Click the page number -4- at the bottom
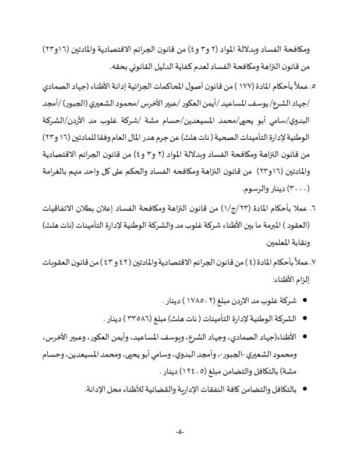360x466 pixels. coord(179,432)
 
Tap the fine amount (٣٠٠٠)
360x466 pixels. coord(317,190)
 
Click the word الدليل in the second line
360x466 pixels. coord(157,67)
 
